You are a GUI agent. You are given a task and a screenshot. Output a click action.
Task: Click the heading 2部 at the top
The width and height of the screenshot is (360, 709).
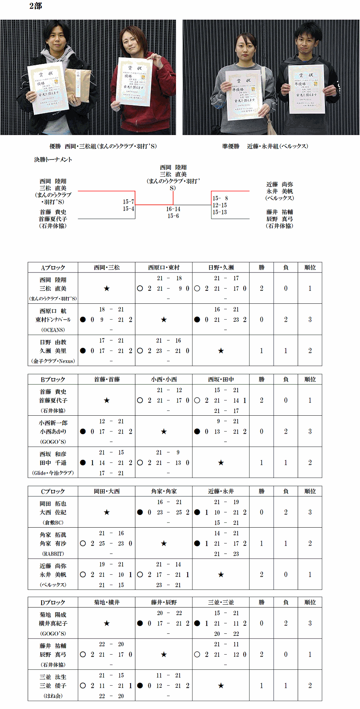click(x=36, y=6)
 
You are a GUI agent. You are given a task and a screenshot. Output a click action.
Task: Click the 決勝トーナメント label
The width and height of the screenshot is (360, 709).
click(x=53, y=159)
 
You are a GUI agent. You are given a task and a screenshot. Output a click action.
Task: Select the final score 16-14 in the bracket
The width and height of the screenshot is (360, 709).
click(x=173, y=209)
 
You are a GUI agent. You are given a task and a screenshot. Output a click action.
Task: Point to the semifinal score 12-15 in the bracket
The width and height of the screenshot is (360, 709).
click(x=220, y=205)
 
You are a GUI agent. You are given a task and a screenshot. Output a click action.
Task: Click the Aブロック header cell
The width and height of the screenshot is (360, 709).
click(x=53, y=267)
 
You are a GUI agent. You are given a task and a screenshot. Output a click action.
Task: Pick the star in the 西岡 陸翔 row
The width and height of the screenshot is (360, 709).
click(x=107, y=288)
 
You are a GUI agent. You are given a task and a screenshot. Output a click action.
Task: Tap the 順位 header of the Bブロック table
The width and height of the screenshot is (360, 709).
click(x=310, y=379)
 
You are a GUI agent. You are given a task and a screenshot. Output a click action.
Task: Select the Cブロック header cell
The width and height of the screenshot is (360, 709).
click(x=53, y=491)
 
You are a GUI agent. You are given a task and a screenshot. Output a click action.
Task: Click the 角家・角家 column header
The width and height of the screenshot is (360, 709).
click(x=164, y=491)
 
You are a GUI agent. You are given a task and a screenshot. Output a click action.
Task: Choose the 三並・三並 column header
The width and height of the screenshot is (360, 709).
click(x=221, y=602)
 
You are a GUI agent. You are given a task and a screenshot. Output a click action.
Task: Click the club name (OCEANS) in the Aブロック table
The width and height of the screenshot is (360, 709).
click(x=53, y=330)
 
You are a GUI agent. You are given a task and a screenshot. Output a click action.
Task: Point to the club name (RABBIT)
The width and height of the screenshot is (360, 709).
click(x=53, y=554)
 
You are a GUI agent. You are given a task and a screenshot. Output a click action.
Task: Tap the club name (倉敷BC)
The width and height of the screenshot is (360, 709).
click(x=53, y=522)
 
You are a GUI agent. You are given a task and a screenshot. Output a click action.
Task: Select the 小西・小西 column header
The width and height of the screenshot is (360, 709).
click(x=164, y=379)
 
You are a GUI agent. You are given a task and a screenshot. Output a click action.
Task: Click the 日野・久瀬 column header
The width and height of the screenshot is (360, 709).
click(x=221, y=267)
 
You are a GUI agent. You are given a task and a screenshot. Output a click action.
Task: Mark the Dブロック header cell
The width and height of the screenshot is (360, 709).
click(x=53, y=602)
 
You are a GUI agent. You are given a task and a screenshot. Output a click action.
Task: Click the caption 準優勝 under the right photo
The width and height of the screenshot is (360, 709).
click(x=231, y=146)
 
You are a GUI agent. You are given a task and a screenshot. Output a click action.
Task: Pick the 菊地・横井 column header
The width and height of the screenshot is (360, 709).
click(x=107, y=602)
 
